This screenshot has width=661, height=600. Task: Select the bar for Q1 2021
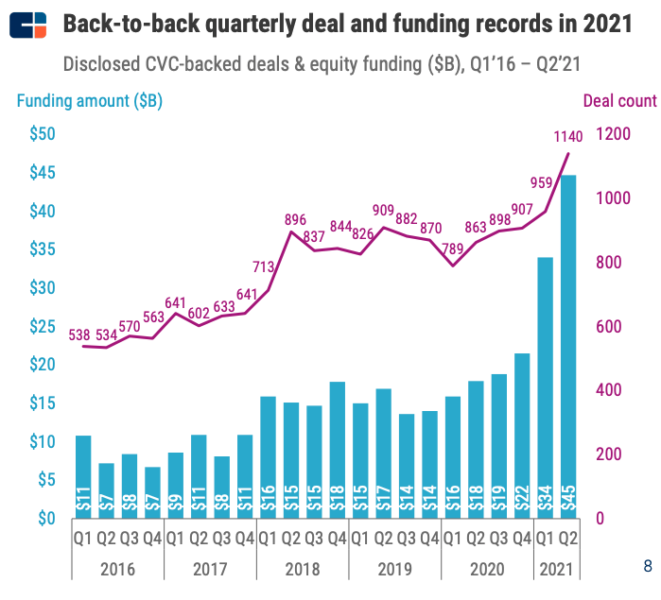pyautogui.click(x=546, y=386)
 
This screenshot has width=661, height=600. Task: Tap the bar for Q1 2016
pyautogui.click(x=83, y=476)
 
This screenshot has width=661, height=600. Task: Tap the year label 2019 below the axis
pyautogui.click(x=395, y=571)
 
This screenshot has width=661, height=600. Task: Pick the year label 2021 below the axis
pyautogui.click(x=557, y=571)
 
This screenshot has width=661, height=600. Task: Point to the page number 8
pyautogui.click(x=648, y=567)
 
